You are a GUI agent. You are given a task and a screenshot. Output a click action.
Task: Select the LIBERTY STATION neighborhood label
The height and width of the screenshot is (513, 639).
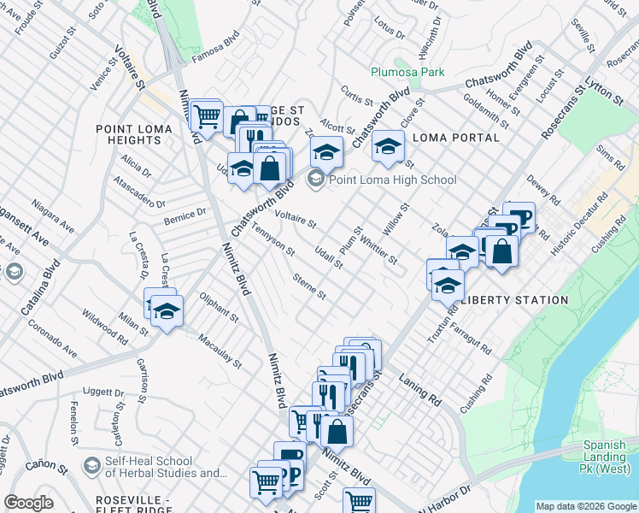(x=514, y=300)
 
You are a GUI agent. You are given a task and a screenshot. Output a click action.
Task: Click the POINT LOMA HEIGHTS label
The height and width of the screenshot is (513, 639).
(x=133, y=135)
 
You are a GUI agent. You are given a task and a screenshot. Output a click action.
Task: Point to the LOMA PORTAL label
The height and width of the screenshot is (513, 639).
(x=455, y=138)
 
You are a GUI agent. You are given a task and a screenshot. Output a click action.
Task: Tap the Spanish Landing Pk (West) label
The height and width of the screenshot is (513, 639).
(x=609, y=451)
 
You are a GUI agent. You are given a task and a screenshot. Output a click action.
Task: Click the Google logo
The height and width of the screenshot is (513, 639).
(x=28, y=503)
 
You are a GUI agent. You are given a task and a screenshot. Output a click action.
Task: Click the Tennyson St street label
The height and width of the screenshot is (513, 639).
(x=271, y=240)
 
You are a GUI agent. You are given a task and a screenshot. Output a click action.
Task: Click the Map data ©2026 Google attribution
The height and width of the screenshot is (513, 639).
(x=585, y=506)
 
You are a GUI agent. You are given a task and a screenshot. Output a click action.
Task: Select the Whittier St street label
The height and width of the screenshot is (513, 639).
(x=378, y=248)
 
